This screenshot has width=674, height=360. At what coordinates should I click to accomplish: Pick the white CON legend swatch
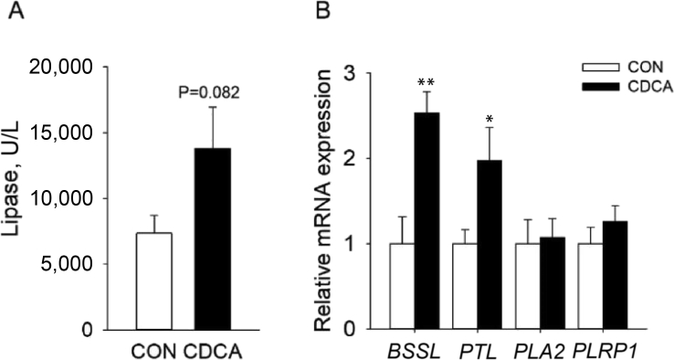[x=597, y=68]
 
